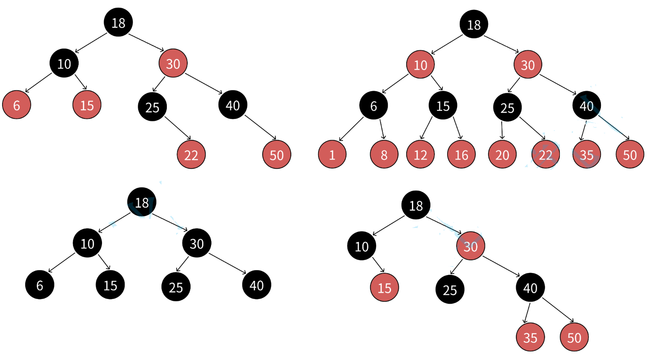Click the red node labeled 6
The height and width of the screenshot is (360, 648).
(16, 105)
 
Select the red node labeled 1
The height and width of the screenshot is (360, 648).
(332, 155)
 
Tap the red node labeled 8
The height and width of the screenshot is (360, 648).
(384, 155)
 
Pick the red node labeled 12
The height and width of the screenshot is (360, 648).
(420, 155)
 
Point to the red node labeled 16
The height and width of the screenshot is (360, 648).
(461, 155)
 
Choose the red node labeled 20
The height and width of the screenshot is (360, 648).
(502, 155)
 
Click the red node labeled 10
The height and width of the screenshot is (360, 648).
(420, 65)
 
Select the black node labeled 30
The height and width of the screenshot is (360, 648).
(197, 243)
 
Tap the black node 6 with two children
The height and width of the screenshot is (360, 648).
(373, 106)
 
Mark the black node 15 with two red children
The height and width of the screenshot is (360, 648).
(443, 106)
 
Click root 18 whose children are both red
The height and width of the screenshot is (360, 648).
(474, 25)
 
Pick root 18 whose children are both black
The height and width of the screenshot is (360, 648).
(142, 202)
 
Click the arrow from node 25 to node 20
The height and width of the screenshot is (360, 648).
(502, 130)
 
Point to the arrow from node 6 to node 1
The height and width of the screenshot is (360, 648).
(352, 129)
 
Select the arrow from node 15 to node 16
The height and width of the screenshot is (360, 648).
(457, 128)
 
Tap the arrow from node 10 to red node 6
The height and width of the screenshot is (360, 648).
(39, 82)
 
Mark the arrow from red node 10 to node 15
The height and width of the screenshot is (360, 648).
(437, 83)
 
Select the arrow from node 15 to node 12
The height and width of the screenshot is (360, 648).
(427, 128)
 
